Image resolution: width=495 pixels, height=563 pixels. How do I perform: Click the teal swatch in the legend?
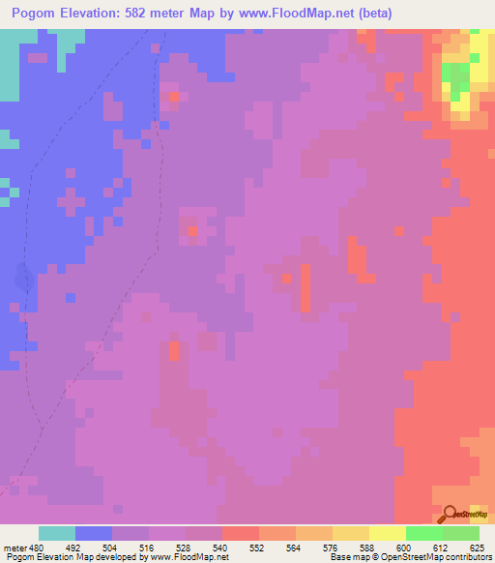57,533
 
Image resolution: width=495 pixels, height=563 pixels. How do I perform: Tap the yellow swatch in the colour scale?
388,533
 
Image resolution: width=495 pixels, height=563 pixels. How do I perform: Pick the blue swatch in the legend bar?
94,533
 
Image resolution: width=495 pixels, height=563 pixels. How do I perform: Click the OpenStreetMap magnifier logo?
450,513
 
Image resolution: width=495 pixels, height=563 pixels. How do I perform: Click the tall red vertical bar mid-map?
306,287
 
